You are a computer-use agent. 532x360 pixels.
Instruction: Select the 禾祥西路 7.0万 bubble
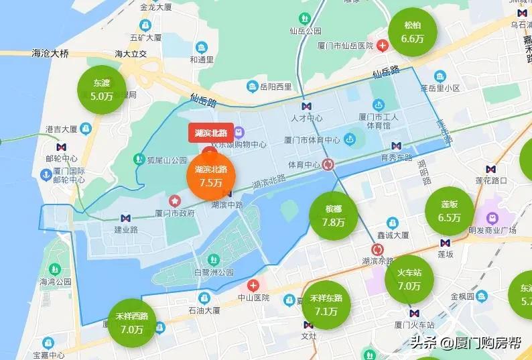tap(132, 322)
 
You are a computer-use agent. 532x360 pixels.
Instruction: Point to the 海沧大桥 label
tap(50, 52)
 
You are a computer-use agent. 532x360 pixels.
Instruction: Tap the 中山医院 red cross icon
tap(253, 284)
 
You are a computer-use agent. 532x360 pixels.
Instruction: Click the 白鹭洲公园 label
tap(214, 272)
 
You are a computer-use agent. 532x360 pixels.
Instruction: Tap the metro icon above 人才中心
tap(306, 106)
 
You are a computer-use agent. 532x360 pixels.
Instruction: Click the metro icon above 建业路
tap(125, 218)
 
